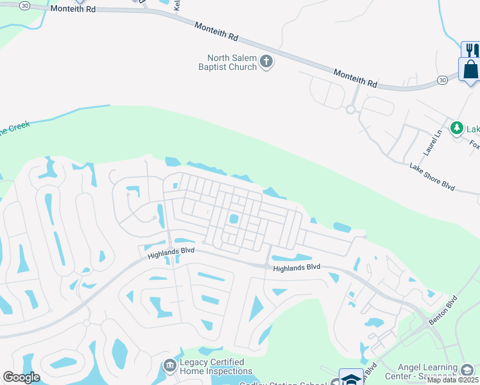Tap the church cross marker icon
coord(266,62)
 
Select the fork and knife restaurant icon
coord(470,49)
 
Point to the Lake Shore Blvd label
coord(432,176)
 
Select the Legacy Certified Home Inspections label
coord(215,367)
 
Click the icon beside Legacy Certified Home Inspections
coord(170,366)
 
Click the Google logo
coord(21,377)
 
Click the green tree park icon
coord(457,128)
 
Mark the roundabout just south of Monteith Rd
coord(350,109)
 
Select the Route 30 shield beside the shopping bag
coord(442,80)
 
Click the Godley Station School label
coord(282,384)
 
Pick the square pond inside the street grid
coord(234,219)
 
